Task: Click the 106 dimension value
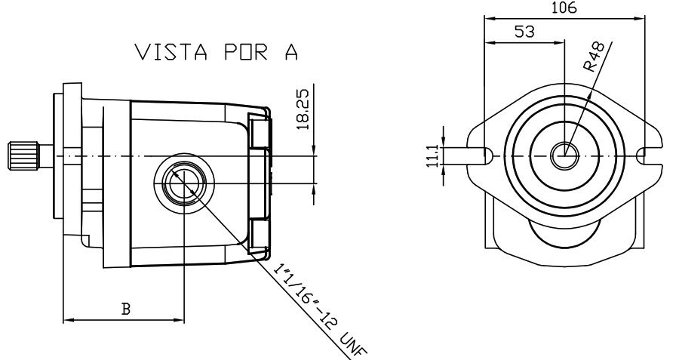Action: (x=564, y=8)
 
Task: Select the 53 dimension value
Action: (x=524, y=32)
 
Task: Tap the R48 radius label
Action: (x=594, y=57)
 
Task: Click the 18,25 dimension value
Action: (x=303, y=109)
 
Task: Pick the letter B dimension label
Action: (x=125, y=309)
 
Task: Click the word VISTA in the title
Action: (x=171, y=52)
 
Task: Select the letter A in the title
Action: (x=291, y=52)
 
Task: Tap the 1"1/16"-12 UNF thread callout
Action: (x=320, y=310)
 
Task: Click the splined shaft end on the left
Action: (x=24, y=155)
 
